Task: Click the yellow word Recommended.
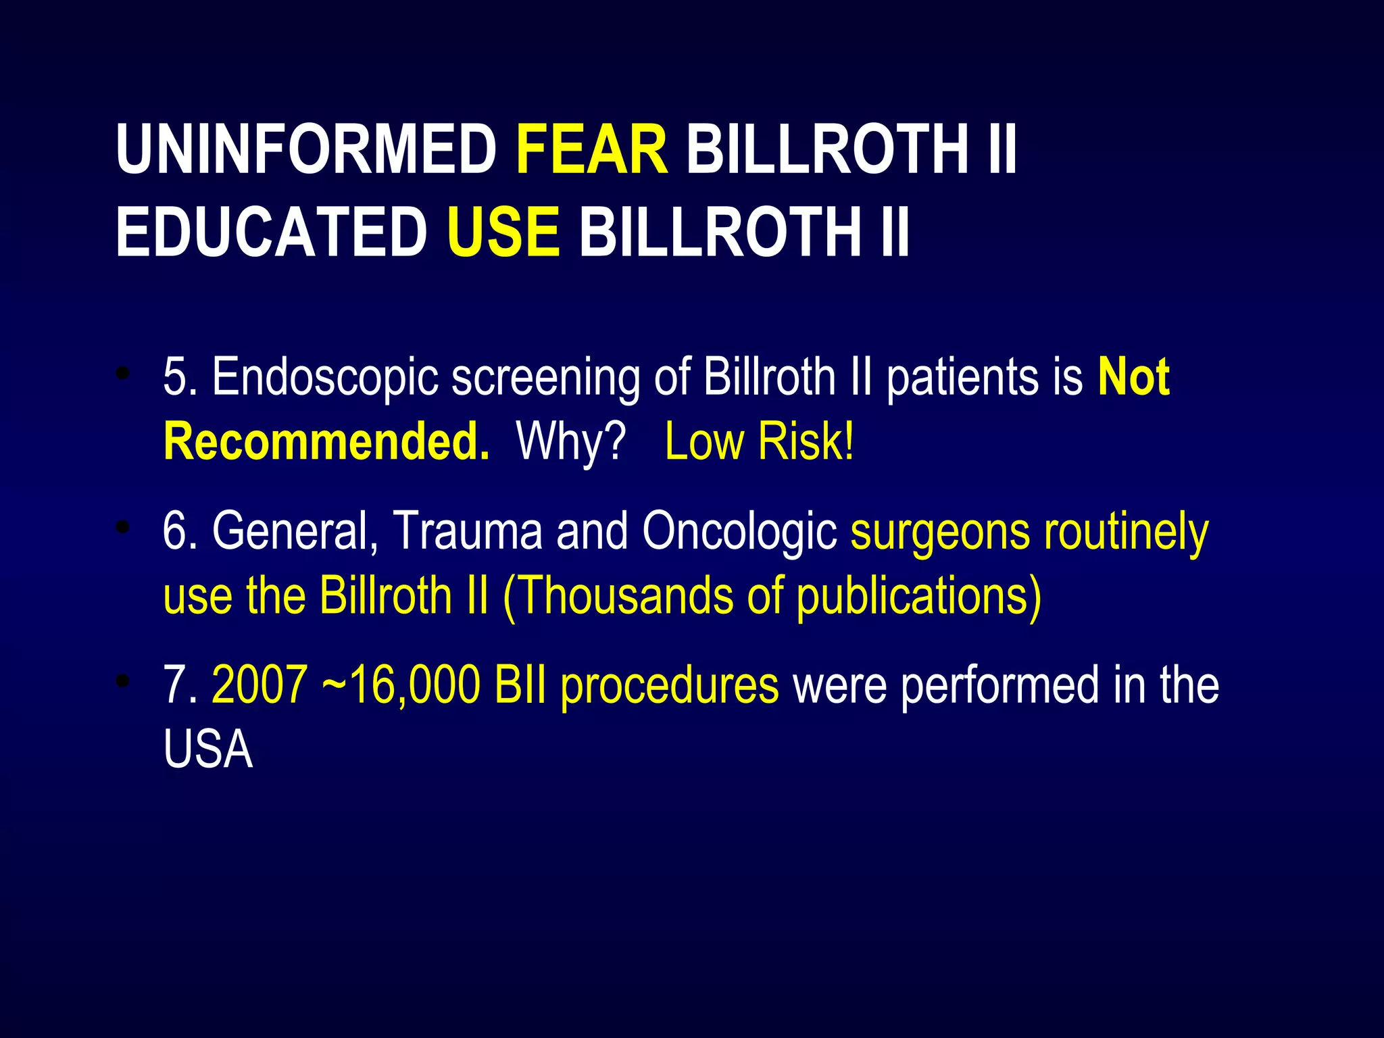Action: tap(326, 441)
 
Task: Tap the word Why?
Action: tap(571, 441)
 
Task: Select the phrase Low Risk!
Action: tap(760, 441)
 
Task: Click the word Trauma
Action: tap(468, 531)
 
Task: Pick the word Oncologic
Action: tap(740, 531)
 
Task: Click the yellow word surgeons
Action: tap(940, 531)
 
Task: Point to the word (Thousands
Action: tap(618, 595)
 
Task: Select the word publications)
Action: tap(919, 595)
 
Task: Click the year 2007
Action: tap(259, 685)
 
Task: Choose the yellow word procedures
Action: tap(670, 685)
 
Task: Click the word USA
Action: tap(208, 749)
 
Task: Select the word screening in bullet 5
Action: tap(546, 377)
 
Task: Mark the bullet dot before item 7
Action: tap(122, 681)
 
